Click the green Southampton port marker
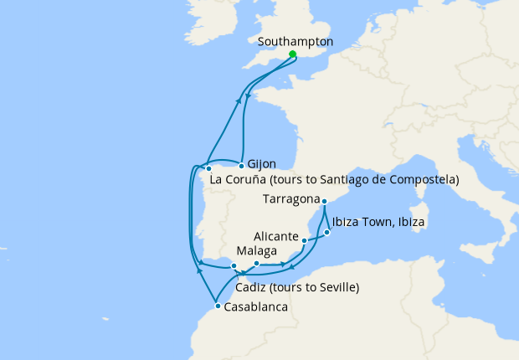292,54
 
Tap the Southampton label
295,41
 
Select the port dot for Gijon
241,164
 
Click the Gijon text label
262,165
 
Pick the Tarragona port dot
324,202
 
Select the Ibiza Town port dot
327,232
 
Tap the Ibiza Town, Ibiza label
378,223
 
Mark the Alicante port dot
304,241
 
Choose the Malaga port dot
256,264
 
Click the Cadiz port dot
234,266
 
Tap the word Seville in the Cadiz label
332,288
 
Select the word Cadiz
253,288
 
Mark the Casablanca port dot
218,306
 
